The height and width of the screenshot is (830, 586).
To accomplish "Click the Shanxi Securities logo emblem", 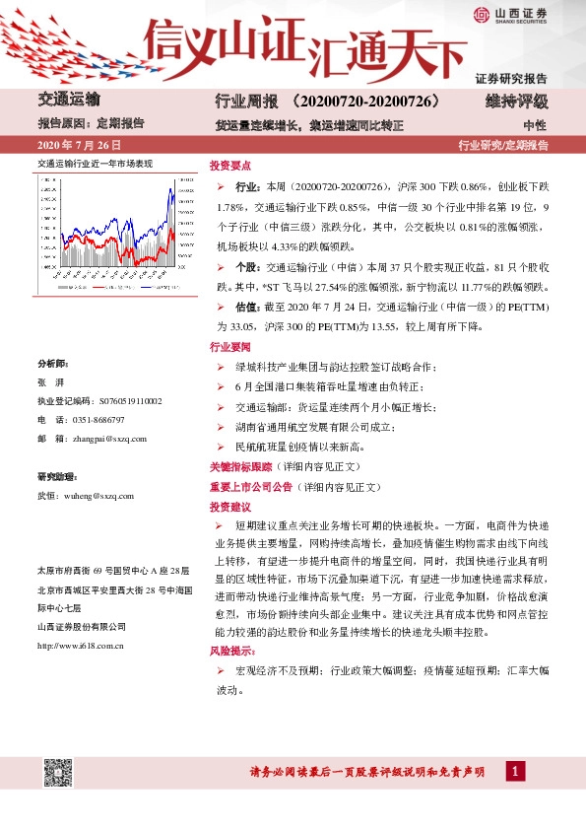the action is [x=481, y=15].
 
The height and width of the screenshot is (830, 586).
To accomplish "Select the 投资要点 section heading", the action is [x=229, y=166].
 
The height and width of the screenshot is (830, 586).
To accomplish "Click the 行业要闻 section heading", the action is [x=229, y=348].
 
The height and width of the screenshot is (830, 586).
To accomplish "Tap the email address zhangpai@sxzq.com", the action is [x=110, y=439].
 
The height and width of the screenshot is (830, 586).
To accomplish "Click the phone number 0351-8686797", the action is [x=104, y=420].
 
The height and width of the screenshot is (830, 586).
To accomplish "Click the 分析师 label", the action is [x=52, y=363].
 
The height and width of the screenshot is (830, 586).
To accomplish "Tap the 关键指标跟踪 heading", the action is [x=239, y=463].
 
